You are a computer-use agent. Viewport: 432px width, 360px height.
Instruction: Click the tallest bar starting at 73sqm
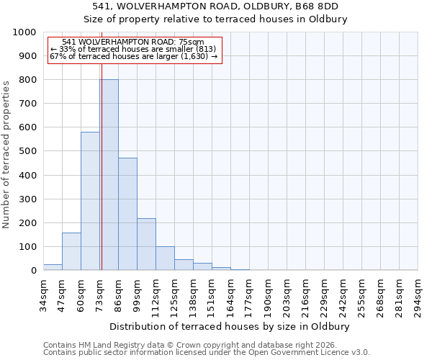[x=109, y=175]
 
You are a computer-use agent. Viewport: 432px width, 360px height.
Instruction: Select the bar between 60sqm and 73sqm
[x=90, y=201]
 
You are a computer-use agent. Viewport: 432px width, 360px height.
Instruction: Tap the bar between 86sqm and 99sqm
[x=127, y=214]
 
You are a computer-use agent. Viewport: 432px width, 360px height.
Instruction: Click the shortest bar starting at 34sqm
[x=53, y=267]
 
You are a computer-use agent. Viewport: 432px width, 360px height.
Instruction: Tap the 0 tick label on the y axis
[x=34, y=271]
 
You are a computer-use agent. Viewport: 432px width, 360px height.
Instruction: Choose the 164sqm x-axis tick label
[x=231, y=295]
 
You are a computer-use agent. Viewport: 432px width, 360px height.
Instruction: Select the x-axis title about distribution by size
[x=230, y=326]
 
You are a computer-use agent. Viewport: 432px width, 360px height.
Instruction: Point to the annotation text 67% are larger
[x=133, y=56]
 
